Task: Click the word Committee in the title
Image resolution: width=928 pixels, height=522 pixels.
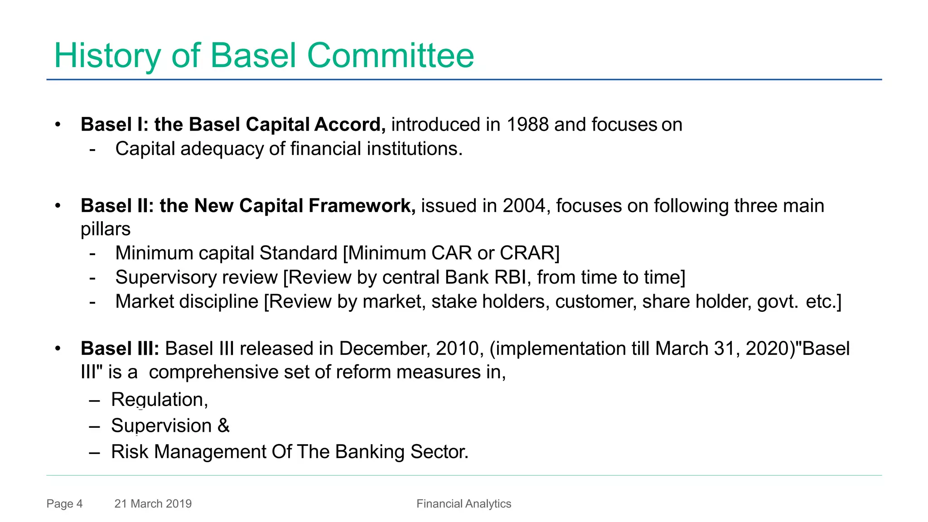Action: coord(390,55)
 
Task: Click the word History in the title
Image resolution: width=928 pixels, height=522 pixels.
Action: coord(107,55)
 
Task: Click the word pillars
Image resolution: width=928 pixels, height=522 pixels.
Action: coord(105,229)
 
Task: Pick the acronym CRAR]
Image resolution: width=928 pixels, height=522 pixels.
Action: coord(529,253)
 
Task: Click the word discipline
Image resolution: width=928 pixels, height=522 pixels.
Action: coord(226,302)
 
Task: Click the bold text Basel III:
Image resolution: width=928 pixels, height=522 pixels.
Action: coord(120,349)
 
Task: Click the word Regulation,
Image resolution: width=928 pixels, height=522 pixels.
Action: coord(159,400)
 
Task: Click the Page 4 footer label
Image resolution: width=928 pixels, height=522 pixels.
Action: coord(64,504)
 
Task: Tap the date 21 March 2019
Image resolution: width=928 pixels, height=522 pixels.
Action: coord(153,504)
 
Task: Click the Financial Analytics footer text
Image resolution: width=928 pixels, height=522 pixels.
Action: coord(464,504)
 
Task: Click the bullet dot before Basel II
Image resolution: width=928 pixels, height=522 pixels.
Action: coord(58,206)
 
